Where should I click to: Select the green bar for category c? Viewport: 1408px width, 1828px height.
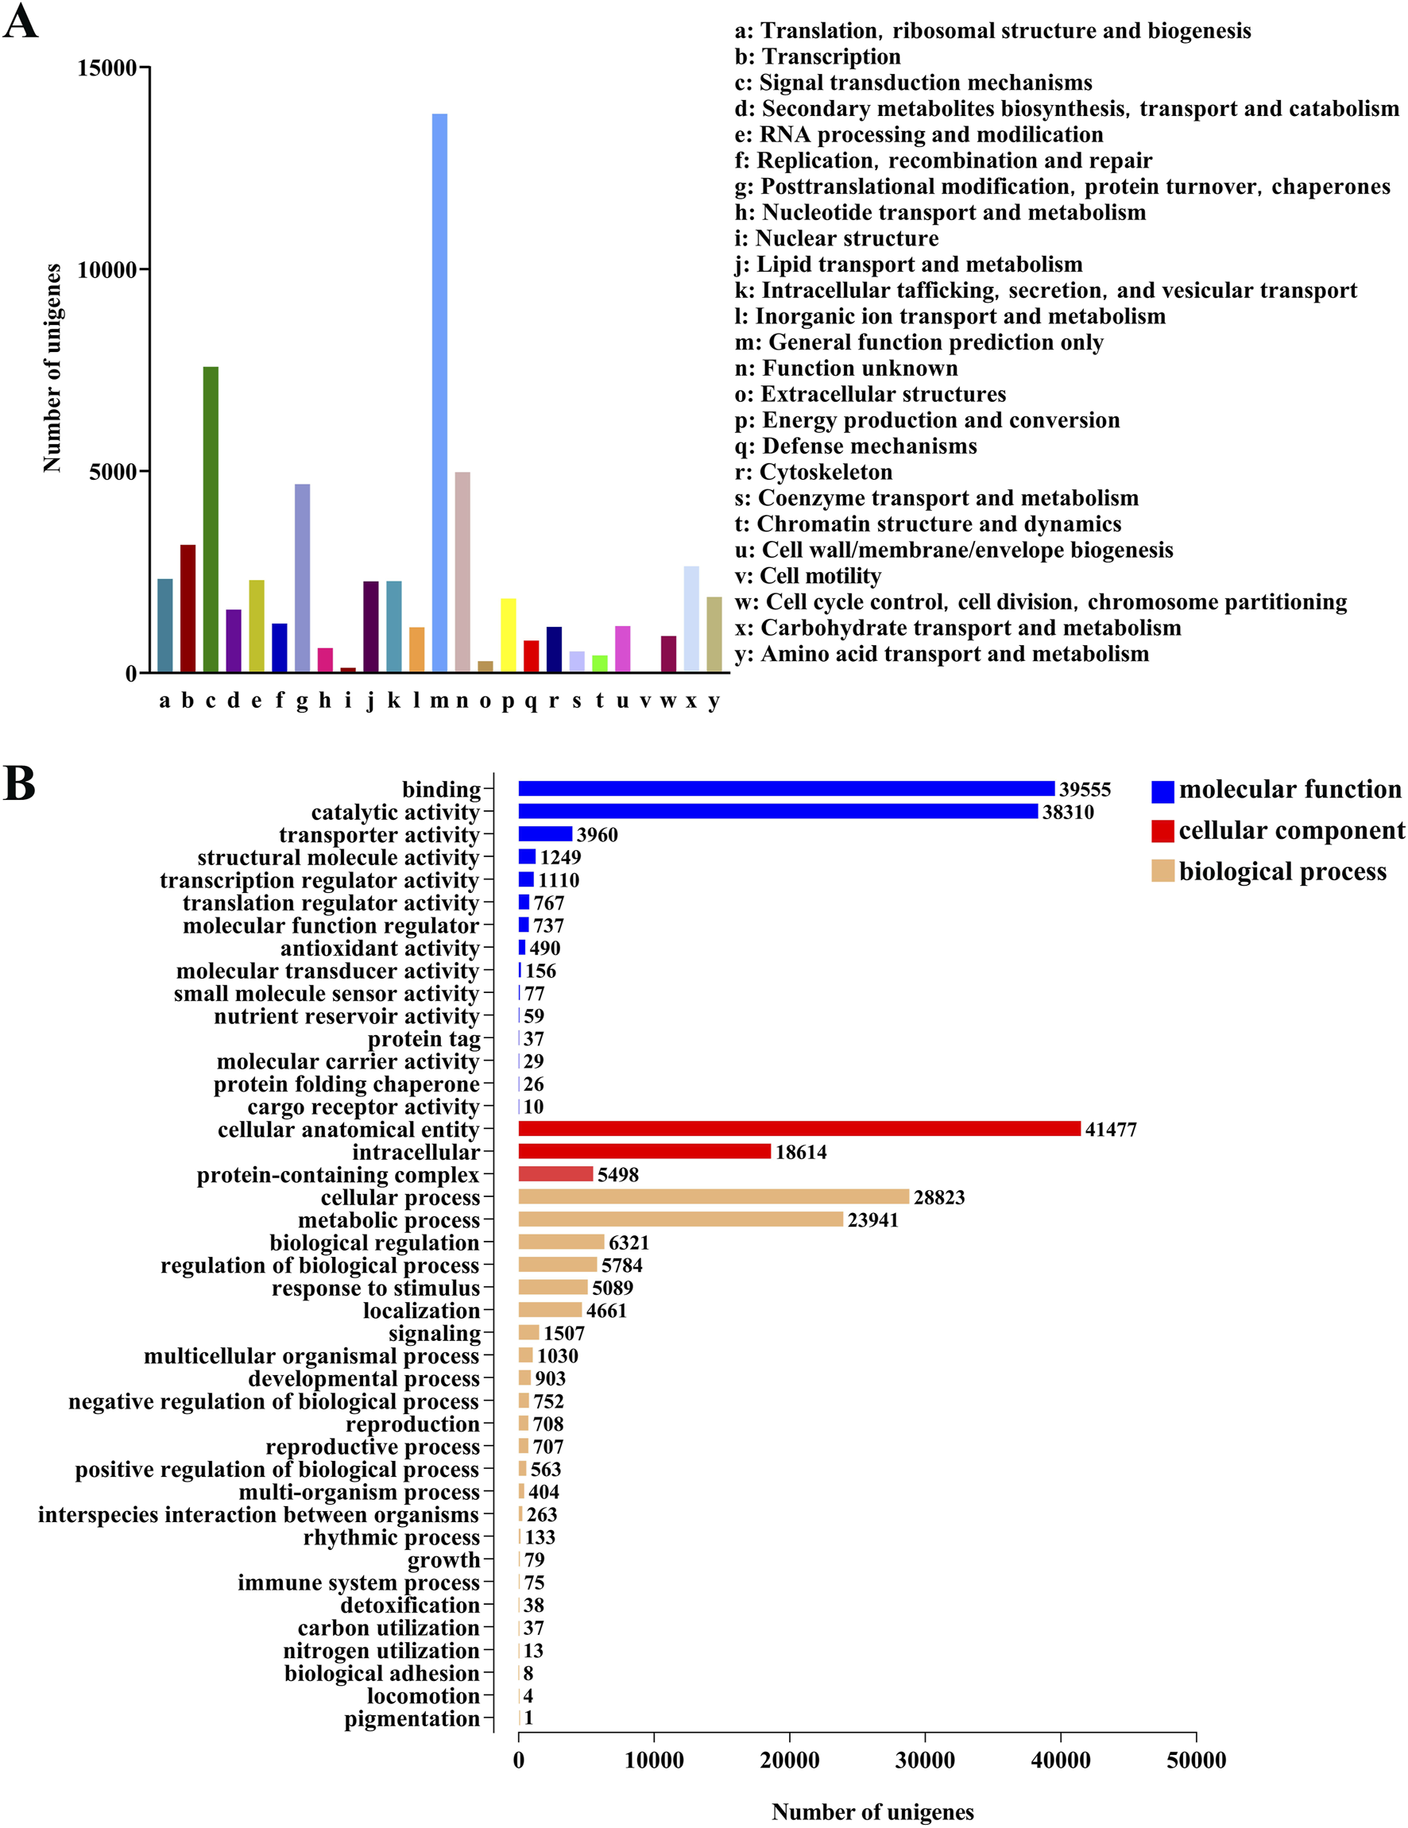point(211,519)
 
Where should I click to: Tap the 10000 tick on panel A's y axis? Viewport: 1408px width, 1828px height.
point(106,270)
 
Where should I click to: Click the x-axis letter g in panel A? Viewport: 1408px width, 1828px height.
point(302,701)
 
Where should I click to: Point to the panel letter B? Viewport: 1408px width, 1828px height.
point(19,784)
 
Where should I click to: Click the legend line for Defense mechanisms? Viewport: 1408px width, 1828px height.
point(856,446)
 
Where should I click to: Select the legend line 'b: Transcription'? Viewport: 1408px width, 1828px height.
point(818,57)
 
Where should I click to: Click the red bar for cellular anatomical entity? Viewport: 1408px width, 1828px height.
point(799,1129)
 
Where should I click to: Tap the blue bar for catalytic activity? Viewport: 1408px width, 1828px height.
point(778,812)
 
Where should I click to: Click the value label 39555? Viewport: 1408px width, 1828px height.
point(1085,790)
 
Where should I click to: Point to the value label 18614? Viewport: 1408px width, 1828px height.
point(801,1153)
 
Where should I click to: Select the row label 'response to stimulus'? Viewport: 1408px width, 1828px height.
point(376,1288)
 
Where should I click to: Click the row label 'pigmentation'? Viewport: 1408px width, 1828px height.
point(412,1718)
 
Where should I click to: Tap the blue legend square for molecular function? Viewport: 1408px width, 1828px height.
point(1162,791)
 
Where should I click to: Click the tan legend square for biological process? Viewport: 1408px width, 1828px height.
point(1162,871)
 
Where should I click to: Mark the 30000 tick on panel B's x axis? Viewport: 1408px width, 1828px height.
point(925,1760)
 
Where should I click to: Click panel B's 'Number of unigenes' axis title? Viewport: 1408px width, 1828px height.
point(872,1812)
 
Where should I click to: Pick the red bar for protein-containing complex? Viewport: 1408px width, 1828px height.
point(556,1174)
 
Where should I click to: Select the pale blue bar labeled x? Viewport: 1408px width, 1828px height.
point(691,620)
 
